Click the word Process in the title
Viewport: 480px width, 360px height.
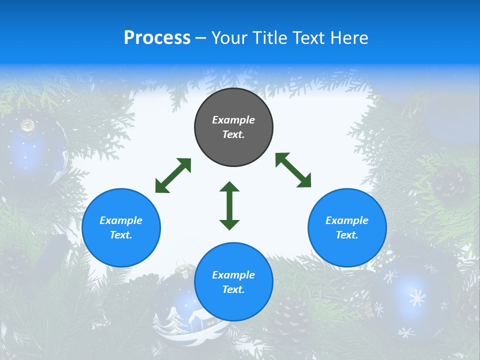click(x=157, y=38)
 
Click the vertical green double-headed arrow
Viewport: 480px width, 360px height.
click(x=229, y=205)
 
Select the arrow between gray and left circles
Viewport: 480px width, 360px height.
click(x=173, y=175)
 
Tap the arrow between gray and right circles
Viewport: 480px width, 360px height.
click(x=293, y=170)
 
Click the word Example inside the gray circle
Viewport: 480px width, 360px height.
click(x=233, y=120)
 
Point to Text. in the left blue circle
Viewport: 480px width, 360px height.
click(x=121, y=235)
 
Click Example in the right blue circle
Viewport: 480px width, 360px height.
click(x=347, y=220)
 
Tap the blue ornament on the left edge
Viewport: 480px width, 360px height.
click(x=30, y=150)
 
